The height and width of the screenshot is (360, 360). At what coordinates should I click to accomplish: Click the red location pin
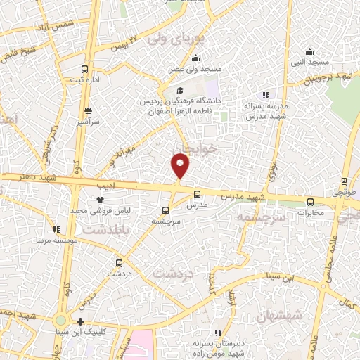pyautogui.click(x=181, y=166)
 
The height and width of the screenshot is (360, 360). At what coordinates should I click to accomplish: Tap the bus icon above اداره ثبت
pyautogui.click(x=85, y=70)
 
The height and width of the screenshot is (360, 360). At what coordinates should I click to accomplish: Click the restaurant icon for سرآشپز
pyautogui.click(x=88, y=110)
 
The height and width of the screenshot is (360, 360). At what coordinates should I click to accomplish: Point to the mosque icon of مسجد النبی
pyautogui.click(x=310, y=51)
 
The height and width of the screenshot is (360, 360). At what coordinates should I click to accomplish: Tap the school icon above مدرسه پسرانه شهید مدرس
pyautogui.click(x=265, y=95)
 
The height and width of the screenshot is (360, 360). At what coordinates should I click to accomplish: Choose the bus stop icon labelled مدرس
pyautogui.click(x=196, y=195)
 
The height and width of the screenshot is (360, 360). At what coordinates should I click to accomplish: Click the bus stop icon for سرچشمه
pyautogui.click(x=165, y=210)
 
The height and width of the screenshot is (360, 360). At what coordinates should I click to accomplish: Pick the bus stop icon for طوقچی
pyautogui.click(x=345, y=180)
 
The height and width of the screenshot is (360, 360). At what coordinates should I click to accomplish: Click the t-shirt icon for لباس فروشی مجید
pyautogui.click(x=90, y=200)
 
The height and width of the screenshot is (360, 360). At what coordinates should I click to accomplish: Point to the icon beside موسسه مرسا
pyautogui.click(x=56, y=229)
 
